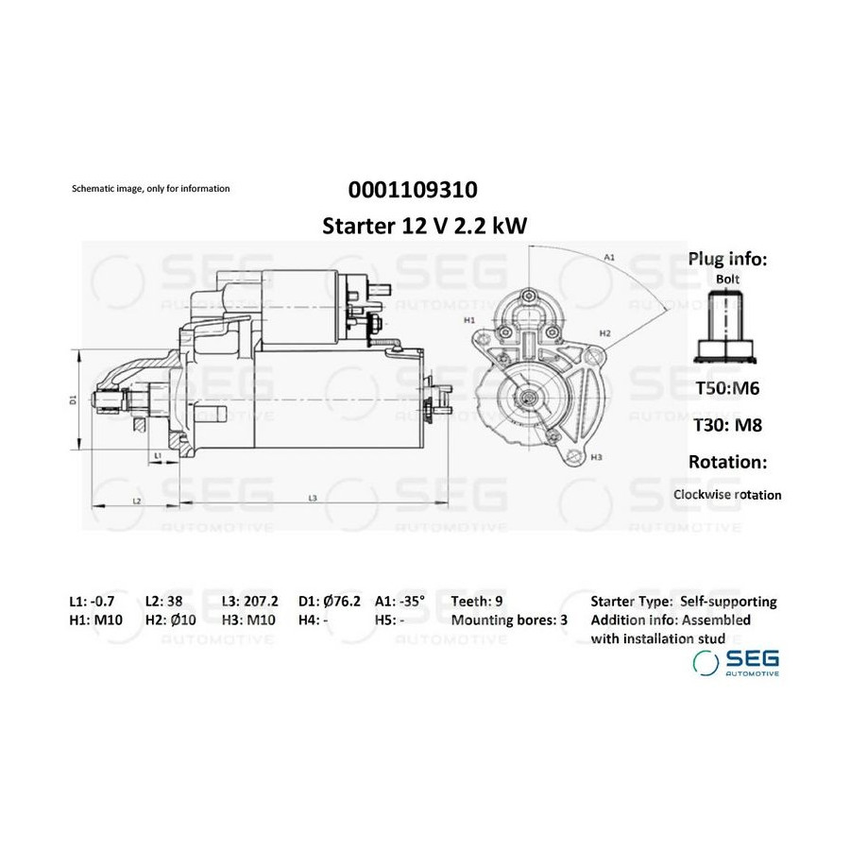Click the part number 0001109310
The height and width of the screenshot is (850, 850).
(413, 190)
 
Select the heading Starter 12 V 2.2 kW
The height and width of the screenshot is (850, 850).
(424, 226)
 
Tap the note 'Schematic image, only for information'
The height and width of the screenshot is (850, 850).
(151, 189)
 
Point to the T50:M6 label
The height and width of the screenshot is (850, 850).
(727, 388)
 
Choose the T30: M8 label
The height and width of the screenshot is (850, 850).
(728, 425)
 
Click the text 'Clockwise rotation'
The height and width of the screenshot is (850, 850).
(727, 495)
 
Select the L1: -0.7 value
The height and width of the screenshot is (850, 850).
(93, 602)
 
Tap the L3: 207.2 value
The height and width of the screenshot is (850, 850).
(250, 602)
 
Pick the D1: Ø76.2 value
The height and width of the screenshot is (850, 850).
(330, 602)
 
